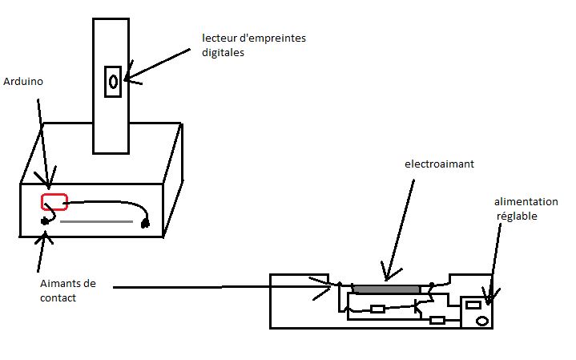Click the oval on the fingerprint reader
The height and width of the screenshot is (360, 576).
tap(114, 81)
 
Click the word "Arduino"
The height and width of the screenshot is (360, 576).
tap(22, 82)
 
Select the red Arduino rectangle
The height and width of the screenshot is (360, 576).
tap(54, 201)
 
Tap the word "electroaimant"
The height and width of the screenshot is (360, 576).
tap(440, 164)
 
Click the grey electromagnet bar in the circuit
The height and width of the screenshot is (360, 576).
tap(386, 289)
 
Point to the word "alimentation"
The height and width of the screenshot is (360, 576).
tap(526, 202)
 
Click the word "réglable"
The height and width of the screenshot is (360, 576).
tap(518, 216)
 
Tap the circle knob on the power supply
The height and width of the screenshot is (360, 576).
tap(482, 321)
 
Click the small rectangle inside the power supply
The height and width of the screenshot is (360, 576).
tap(473, 304)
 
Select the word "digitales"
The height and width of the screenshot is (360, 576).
tap(224, 53)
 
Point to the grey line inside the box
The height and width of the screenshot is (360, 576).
tap(96, 221)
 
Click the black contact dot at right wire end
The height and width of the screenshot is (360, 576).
tap(146, 224)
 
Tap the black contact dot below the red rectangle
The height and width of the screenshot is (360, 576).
tap(46, 220)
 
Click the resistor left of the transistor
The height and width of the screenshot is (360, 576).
tap(378, 309)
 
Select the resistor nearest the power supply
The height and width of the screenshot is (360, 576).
tap(437, 320)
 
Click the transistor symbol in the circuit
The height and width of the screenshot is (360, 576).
tap(419, 303)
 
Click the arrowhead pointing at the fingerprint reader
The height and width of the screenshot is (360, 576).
tap(128, 78)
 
